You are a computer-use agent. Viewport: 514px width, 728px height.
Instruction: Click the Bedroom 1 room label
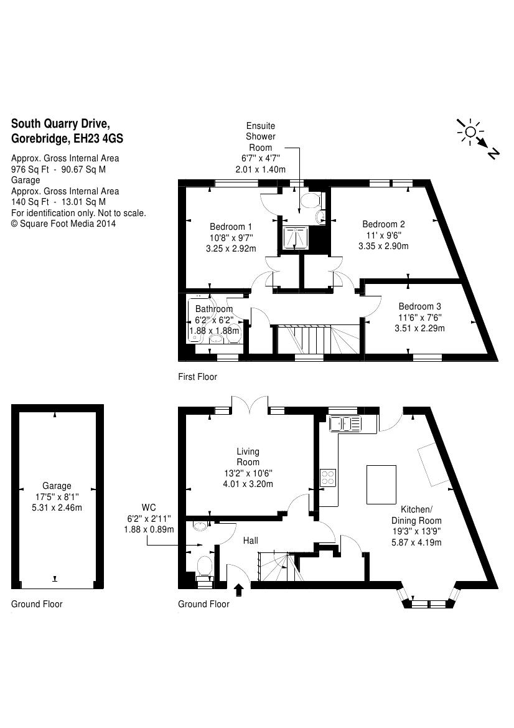[230, 227]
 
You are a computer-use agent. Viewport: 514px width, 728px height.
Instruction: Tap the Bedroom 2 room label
[383, 224]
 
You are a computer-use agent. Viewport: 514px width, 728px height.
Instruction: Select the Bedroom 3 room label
[419, 306]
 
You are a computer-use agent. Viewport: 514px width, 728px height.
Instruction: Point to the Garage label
[57, 486]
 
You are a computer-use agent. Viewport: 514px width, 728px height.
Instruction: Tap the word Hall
[250, 541]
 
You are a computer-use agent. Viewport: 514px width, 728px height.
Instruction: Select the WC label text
[149, 507]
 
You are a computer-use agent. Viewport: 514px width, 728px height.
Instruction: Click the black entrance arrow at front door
[238, 589]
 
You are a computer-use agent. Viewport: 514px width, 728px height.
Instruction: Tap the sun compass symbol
[470, 131]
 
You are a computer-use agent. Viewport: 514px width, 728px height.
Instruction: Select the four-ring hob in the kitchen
[328, 478]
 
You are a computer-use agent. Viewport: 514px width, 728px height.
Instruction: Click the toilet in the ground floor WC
[205, 567]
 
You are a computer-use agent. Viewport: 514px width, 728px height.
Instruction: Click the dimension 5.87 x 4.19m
[416, 542]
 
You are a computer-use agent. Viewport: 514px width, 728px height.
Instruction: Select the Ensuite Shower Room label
[260, 136]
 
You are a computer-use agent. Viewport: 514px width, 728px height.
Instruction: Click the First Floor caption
[197, 377]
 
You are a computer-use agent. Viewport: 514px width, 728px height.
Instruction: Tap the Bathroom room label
[214, 309]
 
